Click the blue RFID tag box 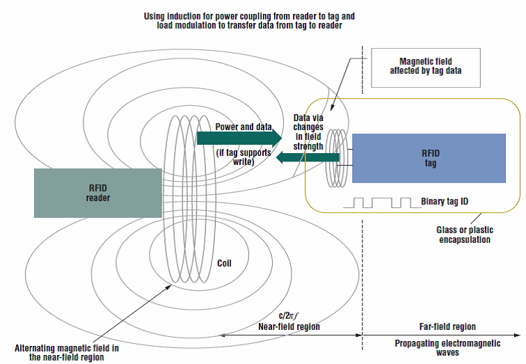tap(429, 157)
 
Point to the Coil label tap(223, 264)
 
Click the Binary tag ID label tap(445, 202)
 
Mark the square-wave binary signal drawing tap(380, 203)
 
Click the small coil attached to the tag tap(335, 159)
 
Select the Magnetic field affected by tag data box tap(426, 67)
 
